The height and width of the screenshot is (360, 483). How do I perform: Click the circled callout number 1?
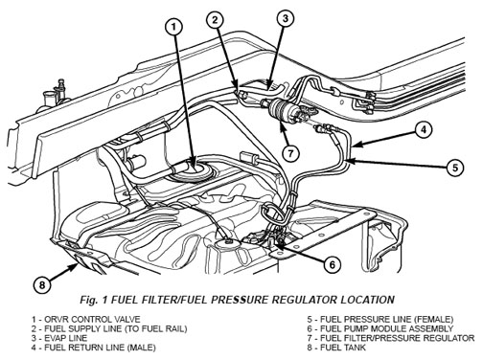174,27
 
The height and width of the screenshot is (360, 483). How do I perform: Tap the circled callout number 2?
216,20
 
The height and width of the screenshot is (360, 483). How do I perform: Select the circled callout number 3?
286,18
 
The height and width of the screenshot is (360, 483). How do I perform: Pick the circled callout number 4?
424,130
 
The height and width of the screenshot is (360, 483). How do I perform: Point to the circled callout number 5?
455,168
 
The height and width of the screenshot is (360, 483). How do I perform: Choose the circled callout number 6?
333,264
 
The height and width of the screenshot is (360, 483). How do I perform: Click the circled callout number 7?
290,153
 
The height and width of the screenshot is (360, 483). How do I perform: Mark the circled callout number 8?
42,284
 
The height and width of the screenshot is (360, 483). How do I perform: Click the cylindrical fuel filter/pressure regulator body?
281,109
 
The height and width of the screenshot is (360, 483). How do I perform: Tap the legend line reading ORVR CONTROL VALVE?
85,319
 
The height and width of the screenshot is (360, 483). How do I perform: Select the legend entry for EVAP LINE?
59,338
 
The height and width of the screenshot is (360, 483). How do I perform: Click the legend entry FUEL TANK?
336,348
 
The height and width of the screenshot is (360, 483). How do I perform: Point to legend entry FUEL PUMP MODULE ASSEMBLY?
380,328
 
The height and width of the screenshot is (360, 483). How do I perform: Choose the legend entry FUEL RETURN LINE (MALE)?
93,348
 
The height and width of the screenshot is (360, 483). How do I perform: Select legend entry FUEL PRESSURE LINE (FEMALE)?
380,319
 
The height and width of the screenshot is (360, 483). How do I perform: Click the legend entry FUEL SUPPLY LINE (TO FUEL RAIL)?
109,328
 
